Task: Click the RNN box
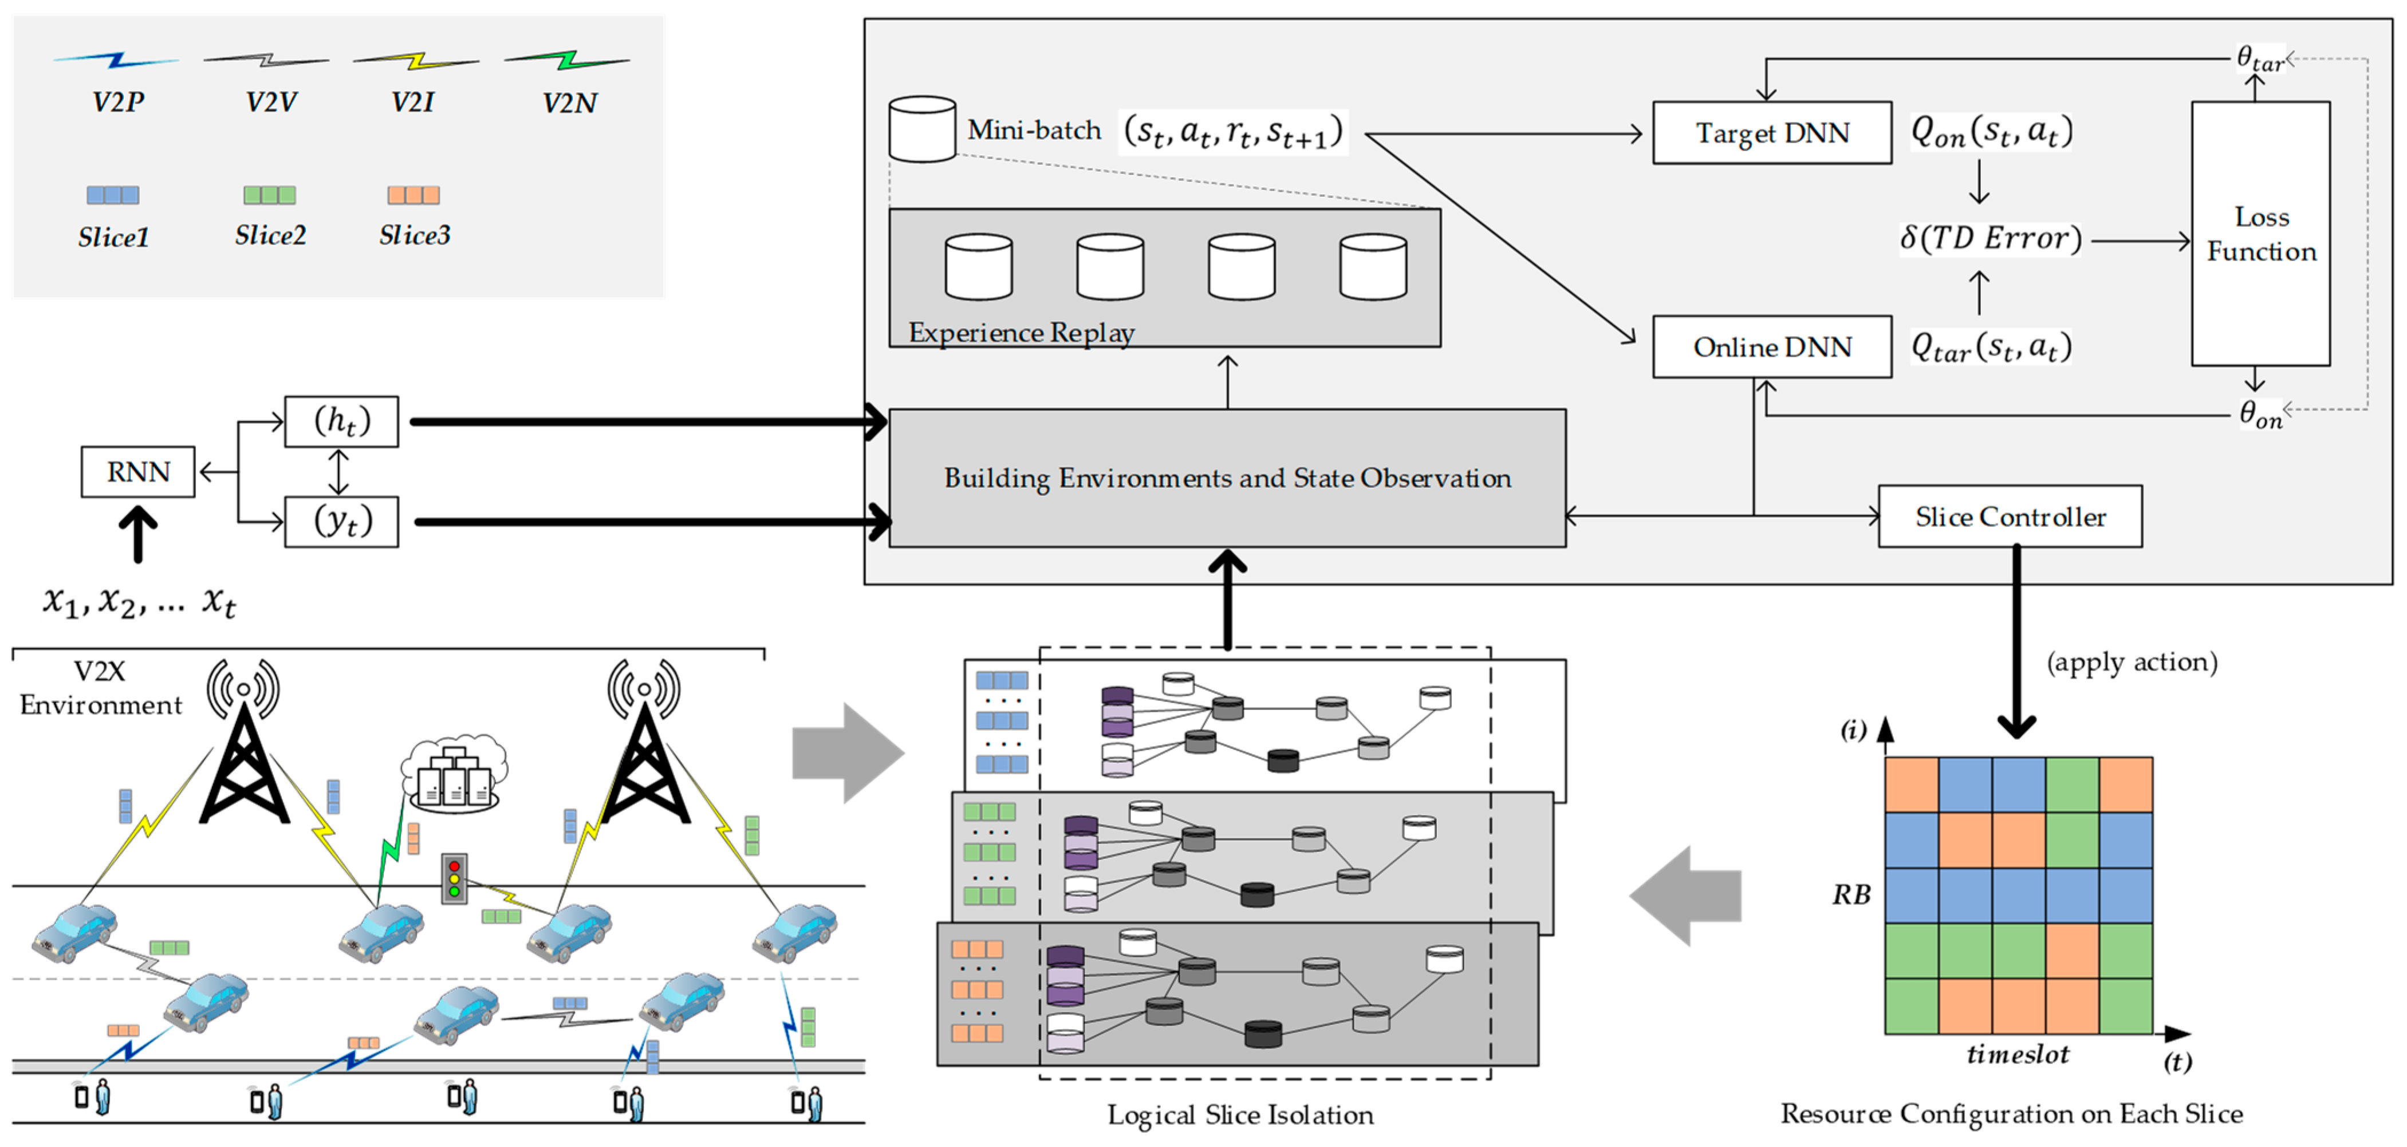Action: click(x=138, y=472)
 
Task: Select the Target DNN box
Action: click(x=1772, y=133)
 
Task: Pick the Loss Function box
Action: click(x=2260, y=234)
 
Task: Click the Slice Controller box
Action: click(x=2010, y=517)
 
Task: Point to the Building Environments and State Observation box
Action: click(x=1227, y=478)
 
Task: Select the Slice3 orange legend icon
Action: click(x=413, y=195)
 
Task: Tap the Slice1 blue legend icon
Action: click(x=113, y=195)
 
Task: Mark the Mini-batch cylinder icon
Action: click(x=922, y=129)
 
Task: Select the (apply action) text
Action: click(x=2132, y=662)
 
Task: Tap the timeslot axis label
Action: click(x=2018, y=1055)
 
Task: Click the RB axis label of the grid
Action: click(x=1851, y=895)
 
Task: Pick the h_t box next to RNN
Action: click(x=341, y=421)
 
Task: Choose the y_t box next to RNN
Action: click(x=341, y=521)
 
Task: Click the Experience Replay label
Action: click(x=1021, y=333)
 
